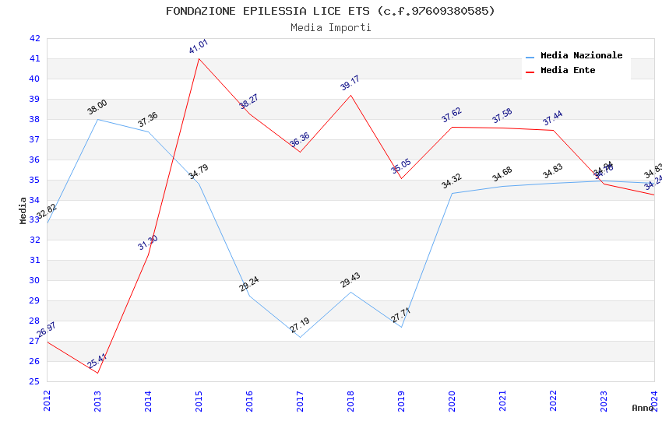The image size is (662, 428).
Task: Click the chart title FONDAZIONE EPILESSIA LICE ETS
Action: pos(330,11)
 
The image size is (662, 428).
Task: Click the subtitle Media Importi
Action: pos(330,28)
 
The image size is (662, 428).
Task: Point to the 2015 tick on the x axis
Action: pos(199,400)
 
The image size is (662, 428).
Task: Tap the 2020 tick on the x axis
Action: pos(452,400)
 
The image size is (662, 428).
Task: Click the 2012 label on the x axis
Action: pos(48,400)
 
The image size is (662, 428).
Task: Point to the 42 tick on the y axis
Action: pos(34,38)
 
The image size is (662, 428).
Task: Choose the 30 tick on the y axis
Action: pos(34,280)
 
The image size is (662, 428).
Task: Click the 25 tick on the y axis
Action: pos(34,381)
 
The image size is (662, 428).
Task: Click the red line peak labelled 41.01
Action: pos(199,58)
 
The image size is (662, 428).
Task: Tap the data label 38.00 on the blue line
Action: pos(97,107)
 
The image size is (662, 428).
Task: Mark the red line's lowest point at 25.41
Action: pos(98,373)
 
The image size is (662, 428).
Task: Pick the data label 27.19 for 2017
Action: pos(300,325)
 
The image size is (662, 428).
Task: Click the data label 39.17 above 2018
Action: pos(350,83)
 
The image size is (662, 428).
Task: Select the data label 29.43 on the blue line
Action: pos(350,280)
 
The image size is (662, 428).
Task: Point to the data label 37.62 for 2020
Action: pos(452,115)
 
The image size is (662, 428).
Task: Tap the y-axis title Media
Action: pos(23,210)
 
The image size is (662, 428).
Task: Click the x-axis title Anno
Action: pos(643,408)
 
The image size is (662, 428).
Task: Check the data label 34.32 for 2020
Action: pos(452,181)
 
